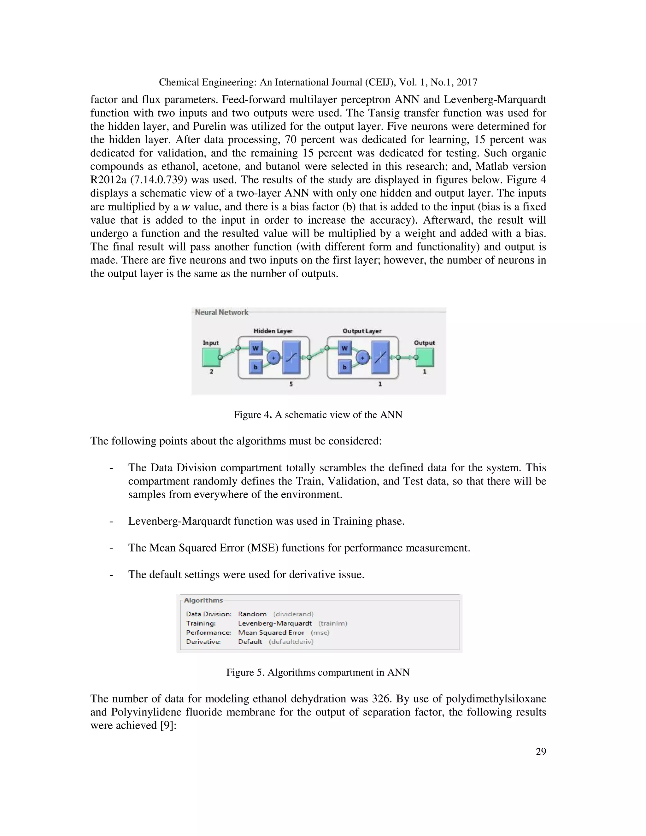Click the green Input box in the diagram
tap(211, 357)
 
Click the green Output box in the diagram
tap(425, 357)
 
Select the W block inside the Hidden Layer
tap(255, 348)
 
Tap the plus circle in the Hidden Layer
tap(273, 357)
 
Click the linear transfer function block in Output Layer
tap(380, 357)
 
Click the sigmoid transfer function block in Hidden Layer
tap(291, 357)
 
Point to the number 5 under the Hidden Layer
tap(291, 384)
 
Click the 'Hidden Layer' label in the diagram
tap(273, 331)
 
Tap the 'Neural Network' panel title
tap(221, 312)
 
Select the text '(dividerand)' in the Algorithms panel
tap(293, 614)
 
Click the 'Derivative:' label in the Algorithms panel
tap(203, 642)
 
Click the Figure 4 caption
tap(318, 415)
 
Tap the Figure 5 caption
tap(318, 673)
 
